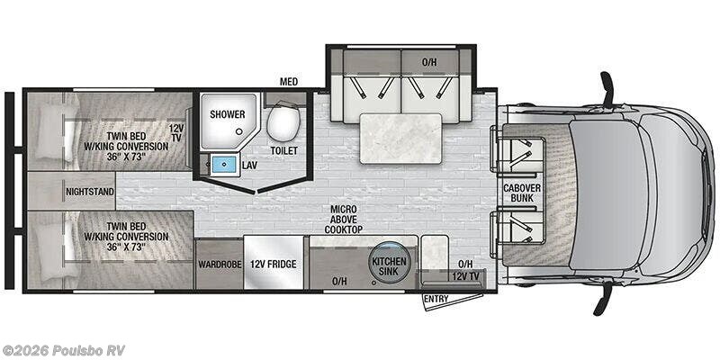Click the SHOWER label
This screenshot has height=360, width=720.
pyautogui.click(x=228, y=114)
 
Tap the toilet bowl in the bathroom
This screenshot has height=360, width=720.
pyautogui.click(x=283, y=122)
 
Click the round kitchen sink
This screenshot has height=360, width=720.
pyautogui.click(x=389, y=262)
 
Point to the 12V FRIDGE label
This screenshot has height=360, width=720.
pyautogui.click(x=274, y=264)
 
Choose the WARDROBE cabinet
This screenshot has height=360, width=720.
pyautogui.click(x=219, y=264)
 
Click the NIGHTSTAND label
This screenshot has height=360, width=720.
pyautogui.click(x=89, y=192)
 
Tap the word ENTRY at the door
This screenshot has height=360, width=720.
pyautogui.click(x=436, y=299)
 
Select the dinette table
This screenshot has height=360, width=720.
pyautogui.click(x=400, y=139)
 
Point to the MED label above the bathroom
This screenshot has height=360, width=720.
pyautogui.click(x=289, y=82)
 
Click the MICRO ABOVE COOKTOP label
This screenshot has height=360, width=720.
pyautogui.click(x=344, y=219)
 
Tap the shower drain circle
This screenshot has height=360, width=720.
pyautogui.click(x=239, y=131)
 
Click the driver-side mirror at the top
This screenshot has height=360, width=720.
pyautogui.click(x=607, y=89)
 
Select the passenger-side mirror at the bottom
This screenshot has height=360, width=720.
pyautogui.click(x=603, y=298)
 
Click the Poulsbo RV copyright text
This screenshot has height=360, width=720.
pyautogui.click(x=63, y=350)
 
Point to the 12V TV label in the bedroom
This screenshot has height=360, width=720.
pyautogui.click(x=175, y=132)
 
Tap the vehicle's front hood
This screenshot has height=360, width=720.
pyautogui.click(x=674, y=193)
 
